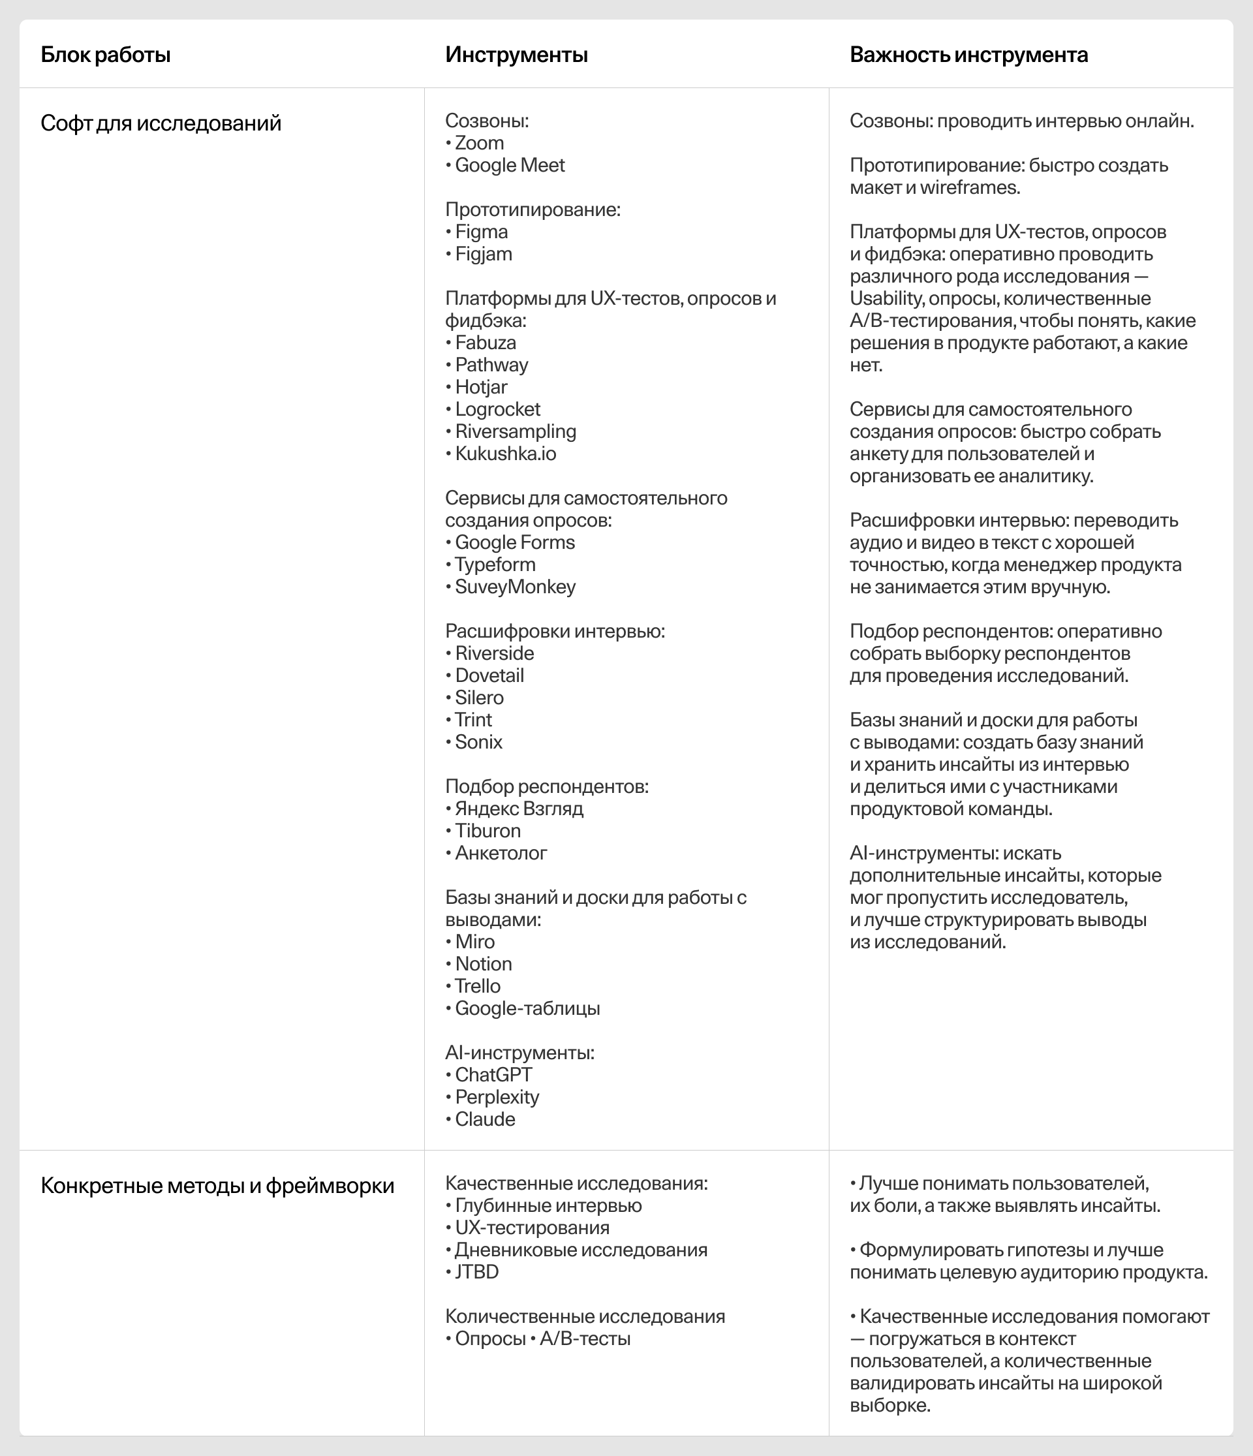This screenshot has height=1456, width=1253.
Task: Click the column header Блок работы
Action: click(x=106, y=55)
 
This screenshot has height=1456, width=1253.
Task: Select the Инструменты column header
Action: click(x=516, y=55)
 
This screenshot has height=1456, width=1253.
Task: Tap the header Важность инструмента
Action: click(x=968, y=55)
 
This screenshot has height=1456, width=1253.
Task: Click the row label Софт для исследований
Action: click(x=161, y=123)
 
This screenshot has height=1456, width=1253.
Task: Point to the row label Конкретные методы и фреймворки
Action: click(x=217, y=1185)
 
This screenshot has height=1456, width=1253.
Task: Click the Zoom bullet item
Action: click(x=479, y=143)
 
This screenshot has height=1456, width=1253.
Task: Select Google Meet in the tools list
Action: click(x=510, y=165)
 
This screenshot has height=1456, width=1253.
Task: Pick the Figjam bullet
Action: click(x=484, y=254)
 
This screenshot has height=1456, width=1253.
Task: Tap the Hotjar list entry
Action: click(x=481, y=387)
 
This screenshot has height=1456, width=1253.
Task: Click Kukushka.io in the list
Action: click(x=505, y=454)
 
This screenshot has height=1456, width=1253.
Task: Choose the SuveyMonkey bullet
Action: click(x=515, y=587)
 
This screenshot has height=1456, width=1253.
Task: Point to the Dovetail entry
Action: click(x=489, y=675)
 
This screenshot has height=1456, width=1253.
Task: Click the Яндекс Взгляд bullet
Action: click(x=519, y=809)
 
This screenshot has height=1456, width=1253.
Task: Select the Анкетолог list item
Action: click(x=501, y=853)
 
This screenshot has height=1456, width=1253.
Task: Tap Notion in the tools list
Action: click(x=484, y=964)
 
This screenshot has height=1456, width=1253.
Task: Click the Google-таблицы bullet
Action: click(x=527, y=1008)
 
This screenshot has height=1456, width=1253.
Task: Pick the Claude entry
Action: click(x=485, y=1119)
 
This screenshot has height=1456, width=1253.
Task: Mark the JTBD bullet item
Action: click(x=476, y=1272)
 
